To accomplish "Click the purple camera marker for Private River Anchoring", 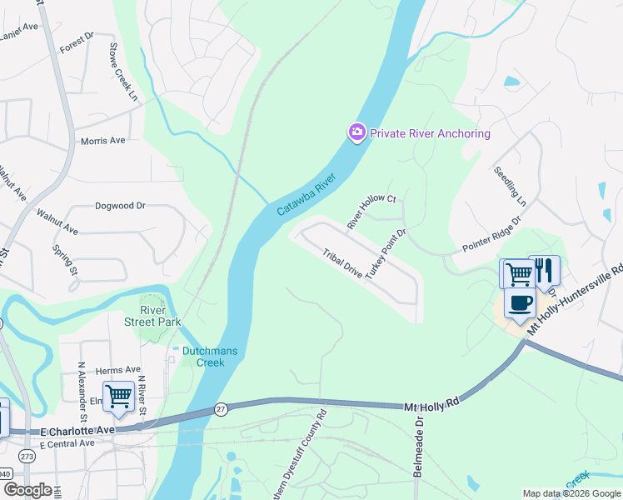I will [357, 132].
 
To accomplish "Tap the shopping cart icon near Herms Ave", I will [118, 397].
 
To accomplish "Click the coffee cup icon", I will [521, 304].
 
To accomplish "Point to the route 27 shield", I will [221, 408].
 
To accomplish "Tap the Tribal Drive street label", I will [343, 265].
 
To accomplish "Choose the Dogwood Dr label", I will [120, 205].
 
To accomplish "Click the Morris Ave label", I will [102, 141].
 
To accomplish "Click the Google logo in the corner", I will [27, 490].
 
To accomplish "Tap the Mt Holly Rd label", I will [432, 404].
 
